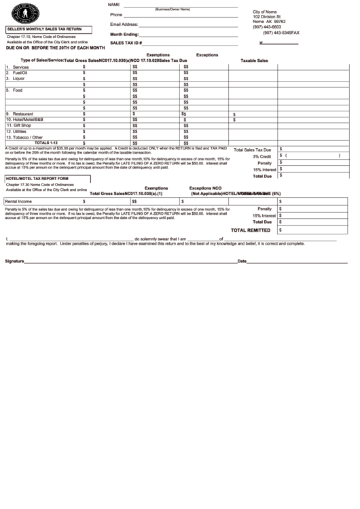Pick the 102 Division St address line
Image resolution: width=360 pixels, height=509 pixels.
click(266, 16)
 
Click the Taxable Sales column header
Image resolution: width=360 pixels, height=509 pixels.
click(254, 60)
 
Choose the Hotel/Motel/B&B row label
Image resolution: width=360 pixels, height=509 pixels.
click(28, 120)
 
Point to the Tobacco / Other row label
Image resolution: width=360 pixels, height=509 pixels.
click(31, 137)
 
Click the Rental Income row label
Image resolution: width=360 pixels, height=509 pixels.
click(18, 201)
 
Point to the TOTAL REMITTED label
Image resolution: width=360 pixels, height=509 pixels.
click(251, 230)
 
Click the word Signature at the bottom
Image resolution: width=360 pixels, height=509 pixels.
click(16, 261)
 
